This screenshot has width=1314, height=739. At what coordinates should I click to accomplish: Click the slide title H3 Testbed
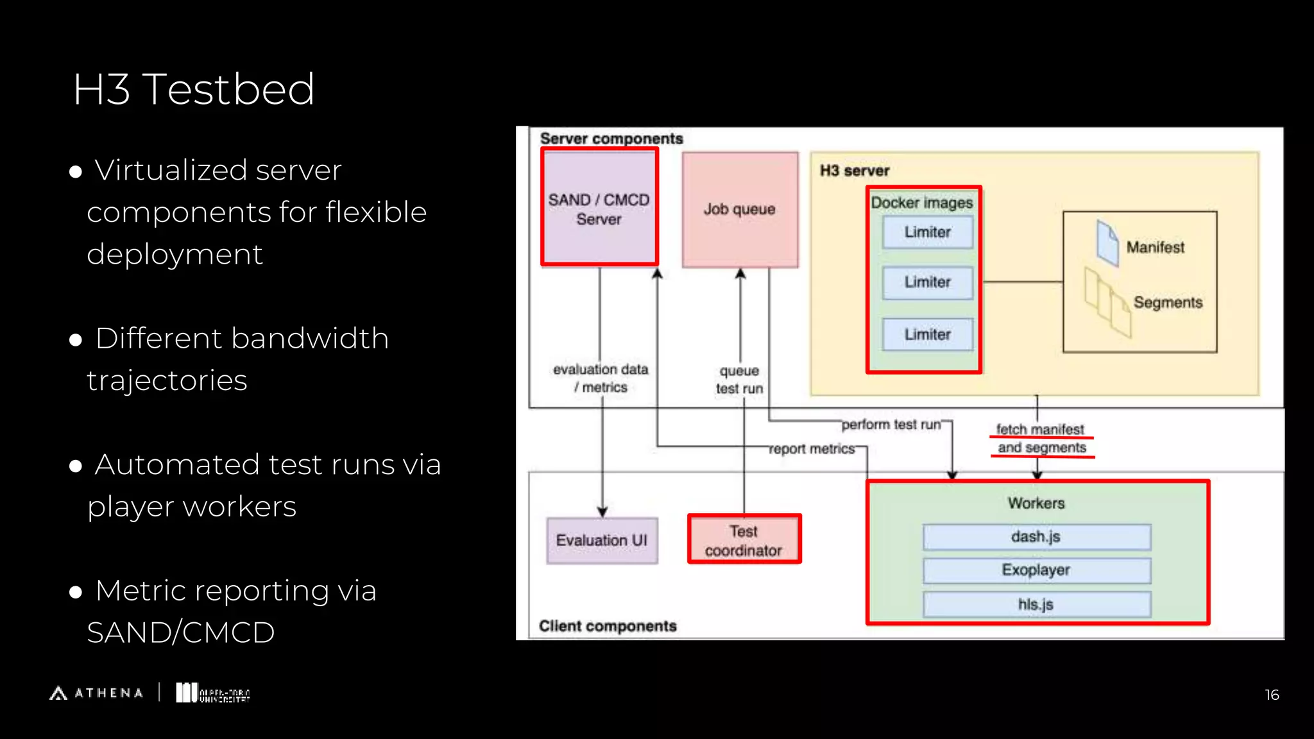pos(194,89)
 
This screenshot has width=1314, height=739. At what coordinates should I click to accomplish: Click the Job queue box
pos(740,209)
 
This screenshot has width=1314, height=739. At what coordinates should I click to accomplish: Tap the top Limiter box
pos(927,232)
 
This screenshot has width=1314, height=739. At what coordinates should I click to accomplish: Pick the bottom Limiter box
pos(927,334)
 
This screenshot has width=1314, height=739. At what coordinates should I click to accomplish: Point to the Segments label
pos(1167,302)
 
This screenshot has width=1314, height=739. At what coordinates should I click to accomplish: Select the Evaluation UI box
pos(602,540)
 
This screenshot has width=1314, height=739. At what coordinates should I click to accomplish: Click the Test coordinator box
pos(744,540)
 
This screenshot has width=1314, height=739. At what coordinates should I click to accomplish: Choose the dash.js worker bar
pos(1036,537)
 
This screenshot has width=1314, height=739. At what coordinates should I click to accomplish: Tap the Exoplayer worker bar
pos(1036,570)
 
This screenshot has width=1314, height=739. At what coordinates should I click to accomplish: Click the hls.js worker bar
pos(1036,604)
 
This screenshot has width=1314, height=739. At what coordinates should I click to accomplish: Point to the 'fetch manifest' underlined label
pos(1040,429)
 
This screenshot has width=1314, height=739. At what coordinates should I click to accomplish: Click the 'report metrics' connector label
pos(812,449)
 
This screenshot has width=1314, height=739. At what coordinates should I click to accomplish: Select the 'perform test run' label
pos(891,425)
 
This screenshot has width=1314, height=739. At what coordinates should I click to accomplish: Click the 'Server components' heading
pos(611,139)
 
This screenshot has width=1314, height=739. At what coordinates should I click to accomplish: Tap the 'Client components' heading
pos(608,626)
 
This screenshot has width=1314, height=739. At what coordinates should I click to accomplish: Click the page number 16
pos(1272,695)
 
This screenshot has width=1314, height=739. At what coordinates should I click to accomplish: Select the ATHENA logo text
pos(108,693)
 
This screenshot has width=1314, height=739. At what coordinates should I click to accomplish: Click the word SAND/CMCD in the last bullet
pos(181,633)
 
